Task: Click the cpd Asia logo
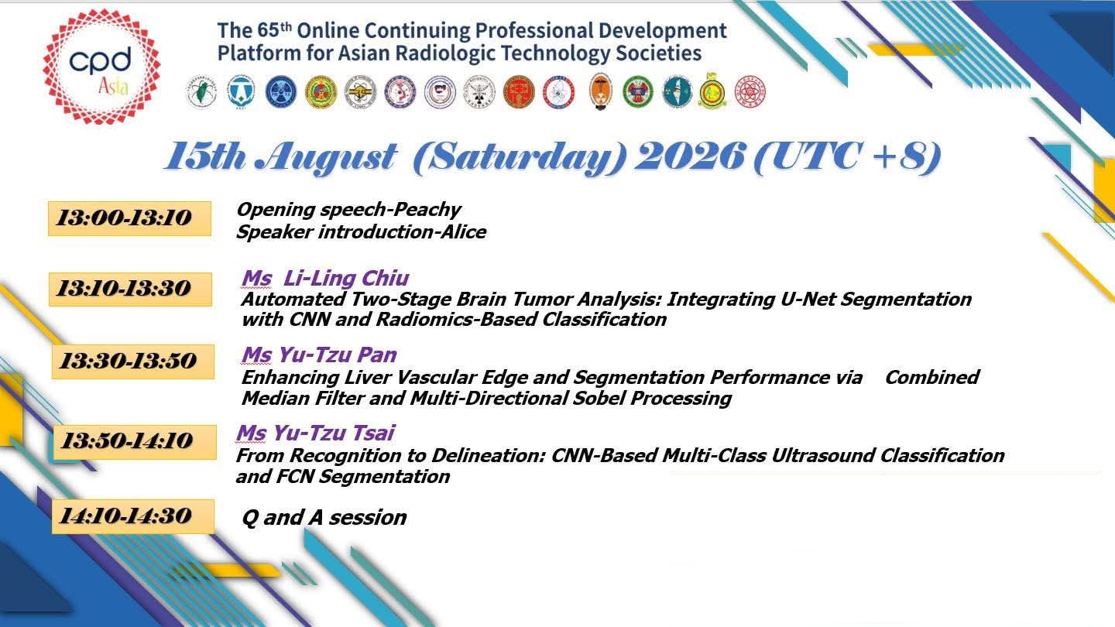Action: (102, 67)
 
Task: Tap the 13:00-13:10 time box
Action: (129, 218)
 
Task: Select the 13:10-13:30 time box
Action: (130, 290)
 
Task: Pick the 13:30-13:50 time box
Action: (133, 361)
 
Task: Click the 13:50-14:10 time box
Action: (135, 442)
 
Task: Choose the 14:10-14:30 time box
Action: (133, 516)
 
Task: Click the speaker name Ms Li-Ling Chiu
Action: (325, 278)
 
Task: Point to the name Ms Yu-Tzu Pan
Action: (319, 355)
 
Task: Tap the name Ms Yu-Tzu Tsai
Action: (316, 433)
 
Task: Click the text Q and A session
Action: (324, 518)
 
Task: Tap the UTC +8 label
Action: (847, 158)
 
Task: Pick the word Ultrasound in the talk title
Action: (823, 456)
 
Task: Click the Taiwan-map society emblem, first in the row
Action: (201, 91)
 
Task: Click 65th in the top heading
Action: (274, 30)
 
